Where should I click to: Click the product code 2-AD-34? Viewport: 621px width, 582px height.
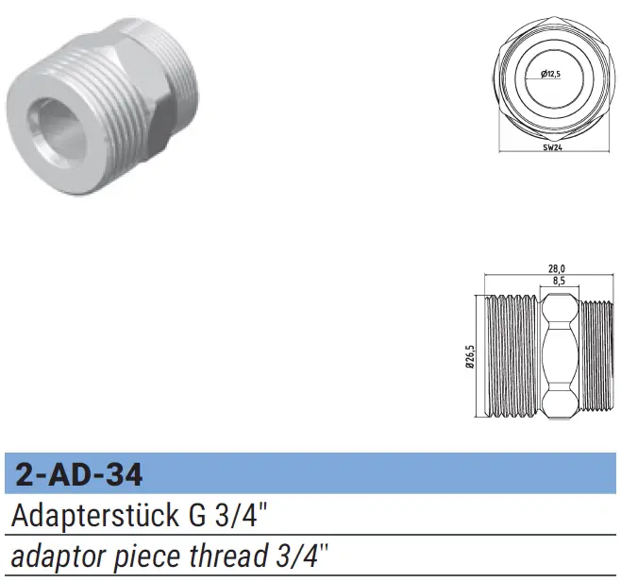79,474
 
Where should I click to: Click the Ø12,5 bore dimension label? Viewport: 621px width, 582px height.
551,74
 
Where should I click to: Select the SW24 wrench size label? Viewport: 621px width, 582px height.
553,148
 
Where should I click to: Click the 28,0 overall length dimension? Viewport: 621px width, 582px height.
557,269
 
